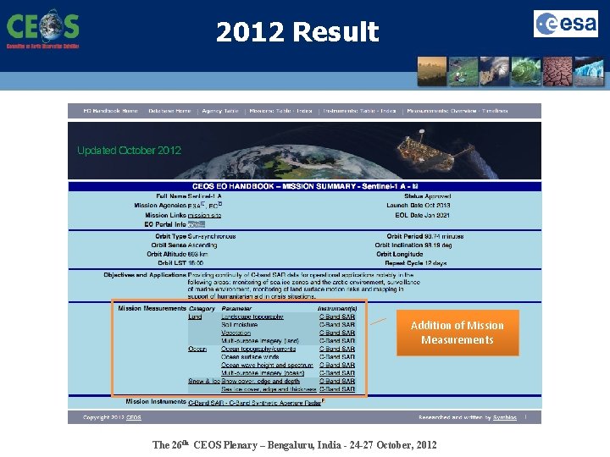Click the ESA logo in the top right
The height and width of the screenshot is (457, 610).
point(565,24)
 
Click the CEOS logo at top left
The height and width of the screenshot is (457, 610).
point(42,29)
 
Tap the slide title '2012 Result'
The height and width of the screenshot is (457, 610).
point(297,32)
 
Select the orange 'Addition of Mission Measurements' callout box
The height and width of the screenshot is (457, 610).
point(457,333)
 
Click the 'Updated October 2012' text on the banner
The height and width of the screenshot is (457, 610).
point(129,151)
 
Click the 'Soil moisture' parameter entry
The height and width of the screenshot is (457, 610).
point(239,325)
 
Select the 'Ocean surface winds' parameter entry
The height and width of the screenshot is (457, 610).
point(250,357)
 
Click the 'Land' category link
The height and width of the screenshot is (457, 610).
point(195,317)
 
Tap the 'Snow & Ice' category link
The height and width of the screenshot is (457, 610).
point(203,381)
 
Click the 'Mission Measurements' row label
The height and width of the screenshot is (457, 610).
point(153,309)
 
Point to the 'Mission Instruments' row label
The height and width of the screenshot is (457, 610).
point(155,402)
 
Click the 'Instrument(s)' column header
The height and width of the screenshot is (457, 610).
point(337,309)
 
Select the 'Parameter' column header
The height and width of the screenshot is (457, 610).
point(236,309)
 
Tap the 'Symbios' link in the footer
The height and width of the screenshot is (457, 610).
point(506,417)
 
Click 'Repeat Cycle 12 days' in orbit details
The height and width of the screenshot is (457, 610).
point(416,262)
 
